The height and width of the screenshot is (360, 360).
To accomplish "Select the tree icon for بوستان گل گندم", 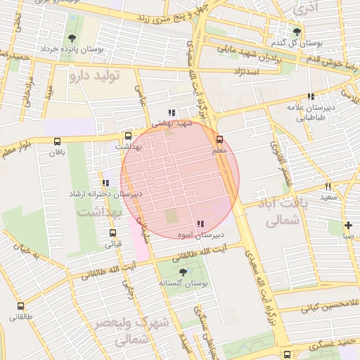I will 297,32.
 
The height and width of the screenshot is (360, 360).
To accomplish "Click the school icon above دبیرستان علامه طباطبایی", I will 311,97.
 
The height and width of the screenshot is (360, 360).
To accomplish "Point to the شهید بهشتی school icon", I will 172,112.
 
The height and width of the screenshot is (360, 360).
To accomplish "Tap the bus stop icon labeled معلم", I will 219,139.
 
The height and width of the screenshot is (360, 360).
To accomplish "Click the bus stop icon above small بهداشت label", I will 128,136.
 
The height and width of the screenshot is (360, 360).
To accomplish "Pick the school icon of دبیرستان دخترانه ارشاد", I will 105,183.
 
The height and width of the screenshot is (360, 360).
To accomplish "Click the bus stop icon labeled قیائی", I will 112,233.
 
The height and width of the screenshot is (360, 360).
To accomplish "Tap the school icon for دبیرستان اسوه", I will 201,224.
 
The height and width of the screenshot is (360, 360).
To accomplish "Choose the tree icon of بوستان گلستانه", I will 184,271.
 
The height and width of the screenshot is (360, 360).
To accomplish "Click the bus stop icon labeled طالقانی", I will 20,307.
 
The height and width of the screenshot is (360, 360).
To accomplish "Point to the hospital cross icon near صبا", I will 349,225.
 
